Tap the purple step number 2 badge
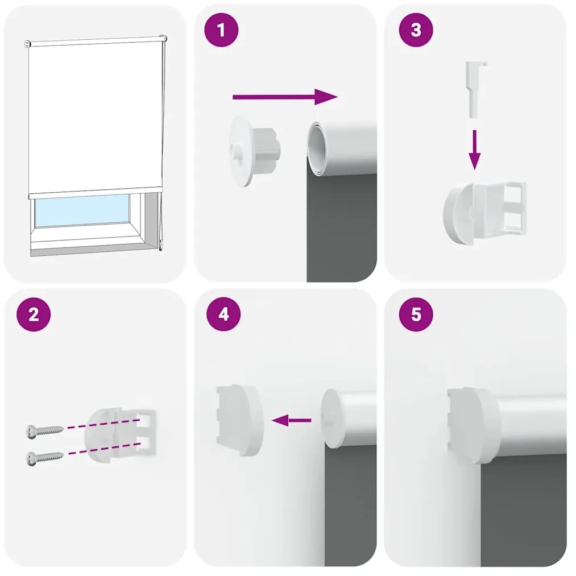click(x=34, y=314)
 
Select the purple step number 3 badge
click(x=416, y=30)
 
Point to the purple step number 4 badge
click(x=223, y=314)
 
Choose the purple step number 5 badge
click(x=416, y=314)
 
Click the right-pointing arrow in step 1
click(x=284, y=97)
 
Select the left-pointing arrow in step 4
click(x=292, y=421)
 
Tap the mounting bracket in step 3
click(x=484, y=212)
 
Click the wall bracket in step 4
click(x=239, y=420)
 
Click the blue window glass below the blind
click(x=82, y=211)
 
